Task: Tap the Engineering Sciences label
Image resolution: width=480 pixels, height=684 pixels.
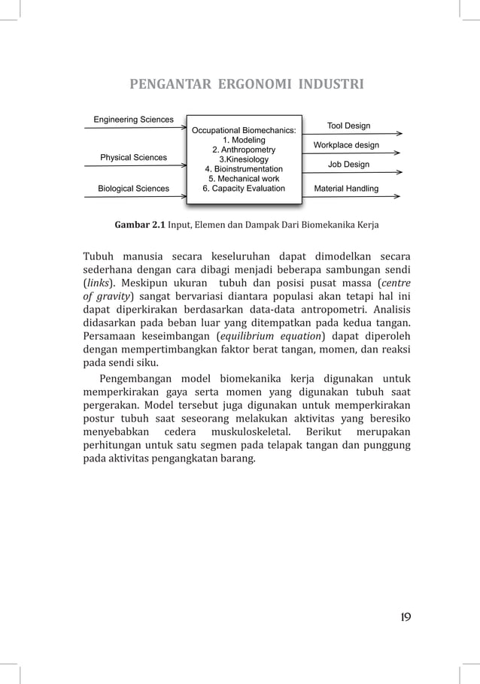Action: tap(133, 119)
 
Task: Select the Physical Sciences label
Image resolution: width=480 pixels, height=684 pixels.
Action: tap(134, 157)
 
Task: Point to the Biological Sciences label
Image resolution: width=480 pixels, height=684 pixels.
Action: tap(134, 188)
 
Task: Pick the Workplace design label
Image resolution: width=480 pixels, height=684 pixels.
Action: tap(346, 144)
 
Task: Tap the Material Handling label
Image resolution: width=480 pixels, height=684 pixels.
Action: tap(346, 188)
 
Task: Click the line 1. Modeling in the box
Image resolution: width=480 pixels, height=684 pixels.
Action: tap(244, 140)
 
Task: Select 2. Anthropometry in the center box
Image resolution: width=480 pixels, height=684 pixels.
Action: tap(244, 150)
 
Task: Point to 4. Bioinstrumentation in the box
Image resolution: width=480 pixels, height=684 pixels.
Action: tap(244, 169)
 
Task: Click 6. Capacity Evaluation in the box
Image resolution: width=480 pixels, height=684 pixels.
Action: tap(244, 188)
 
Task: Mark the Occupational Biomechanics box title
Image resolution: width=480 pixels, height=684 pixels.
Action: tap(244, 130)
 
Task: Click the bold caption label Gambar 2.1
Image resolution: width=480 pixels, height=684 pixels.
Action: tap(139, 225)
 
